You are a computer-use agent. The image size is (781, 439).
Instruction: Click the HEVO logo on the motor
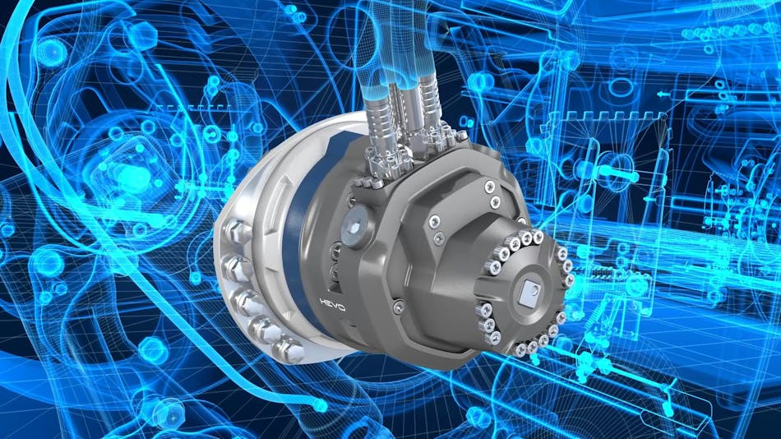332,304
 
